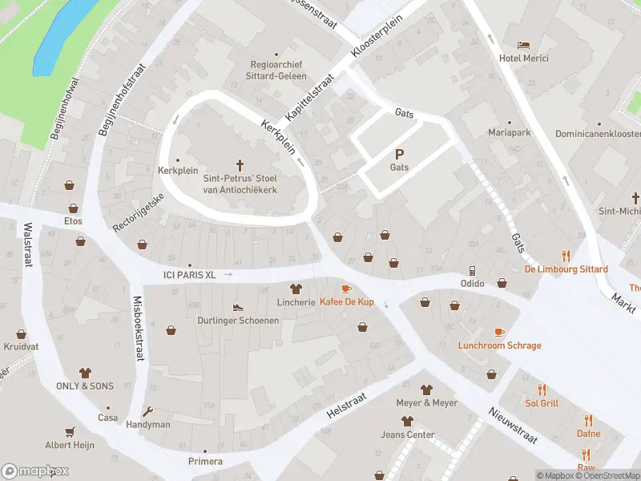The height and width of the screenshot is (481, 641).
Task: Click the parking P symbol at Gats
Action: [x=399, y=154]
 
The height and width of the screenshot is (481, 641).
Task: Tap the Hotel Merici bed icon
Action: [x=523, y=44]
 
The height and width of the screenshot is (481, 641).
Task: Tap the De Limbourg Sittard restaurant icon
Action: [x=566, y=257]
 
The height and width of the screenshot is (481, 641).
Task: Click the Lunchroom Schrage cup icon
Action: [x=499, y=332]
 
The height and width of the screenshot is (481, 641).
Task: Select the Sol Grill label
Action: [x=542, y=403]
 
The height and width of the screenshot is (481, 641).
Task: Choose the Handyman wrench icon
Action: [x=148, y=411]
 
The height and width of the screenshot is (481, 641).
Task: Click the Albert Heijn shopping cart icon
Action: [x=70, y=431]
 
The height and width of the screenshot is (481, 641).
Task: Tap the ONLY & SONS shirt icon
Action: [x=85, y=373]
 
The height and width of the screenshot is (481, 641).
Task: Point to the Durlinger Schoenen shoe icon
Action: [x=238, y=307]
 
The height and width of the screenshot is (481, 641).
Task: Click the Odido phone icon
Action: [x=472, y=270]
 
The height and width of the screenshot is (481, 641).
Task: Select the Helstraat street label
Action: [x=346, y=403]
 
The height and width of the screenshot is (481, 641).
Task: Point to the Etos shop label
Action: [x=73, y=220]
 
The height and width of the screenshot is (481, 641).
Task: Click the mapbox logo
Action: [x=35, y=471]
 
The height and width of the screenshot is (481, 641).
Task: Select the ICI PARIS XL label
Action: [x=188, y=275]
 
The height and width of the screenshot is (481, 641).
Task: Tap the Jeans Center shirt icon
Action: [x=407, y=421]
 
